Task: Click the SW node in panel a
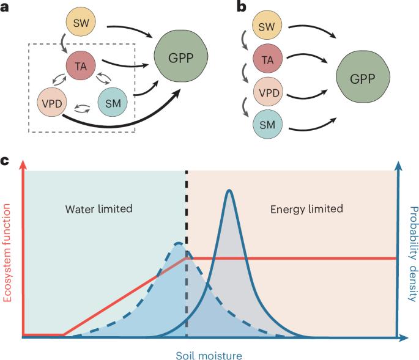tap(81, 23)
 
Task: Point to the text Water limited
tap(98, 209)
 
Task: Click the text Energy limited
tap(307, 209)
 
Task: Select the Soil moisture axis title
tap(210, 353)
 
